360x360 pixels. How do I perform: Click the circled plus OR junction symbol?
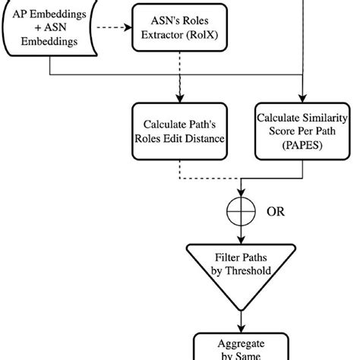[x=242, y=212]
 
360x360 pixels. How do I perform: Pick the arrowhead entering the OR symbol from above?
[x=242, y=194]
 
